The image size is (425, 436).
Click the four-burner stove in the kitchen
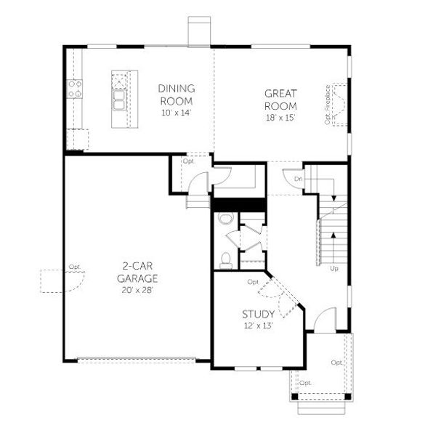tap(75, 89)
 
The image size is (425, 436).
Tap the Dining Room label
tap(177, 94)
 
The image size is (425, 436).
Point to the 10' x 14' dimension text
tap(177, 113)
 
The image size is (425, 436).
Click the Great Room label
tap(281, 100)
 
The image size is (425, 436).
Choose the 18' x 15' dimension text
tap(281, 118)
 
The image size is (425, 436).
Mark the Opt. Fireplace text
tap(328, 105)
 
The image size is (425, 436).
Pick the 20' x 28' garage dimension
tap(137, 289)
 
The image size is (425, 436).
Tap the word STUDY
tap(258, 314)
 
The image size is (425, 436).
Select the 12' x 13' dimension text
tap(258, 328)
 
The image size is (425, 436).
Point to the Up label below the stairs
tap(334, 269)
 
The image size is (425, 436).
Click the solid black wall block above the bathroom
tap(238, 204)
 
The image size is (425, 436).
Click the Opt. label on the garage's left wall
tap(74, 267)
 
